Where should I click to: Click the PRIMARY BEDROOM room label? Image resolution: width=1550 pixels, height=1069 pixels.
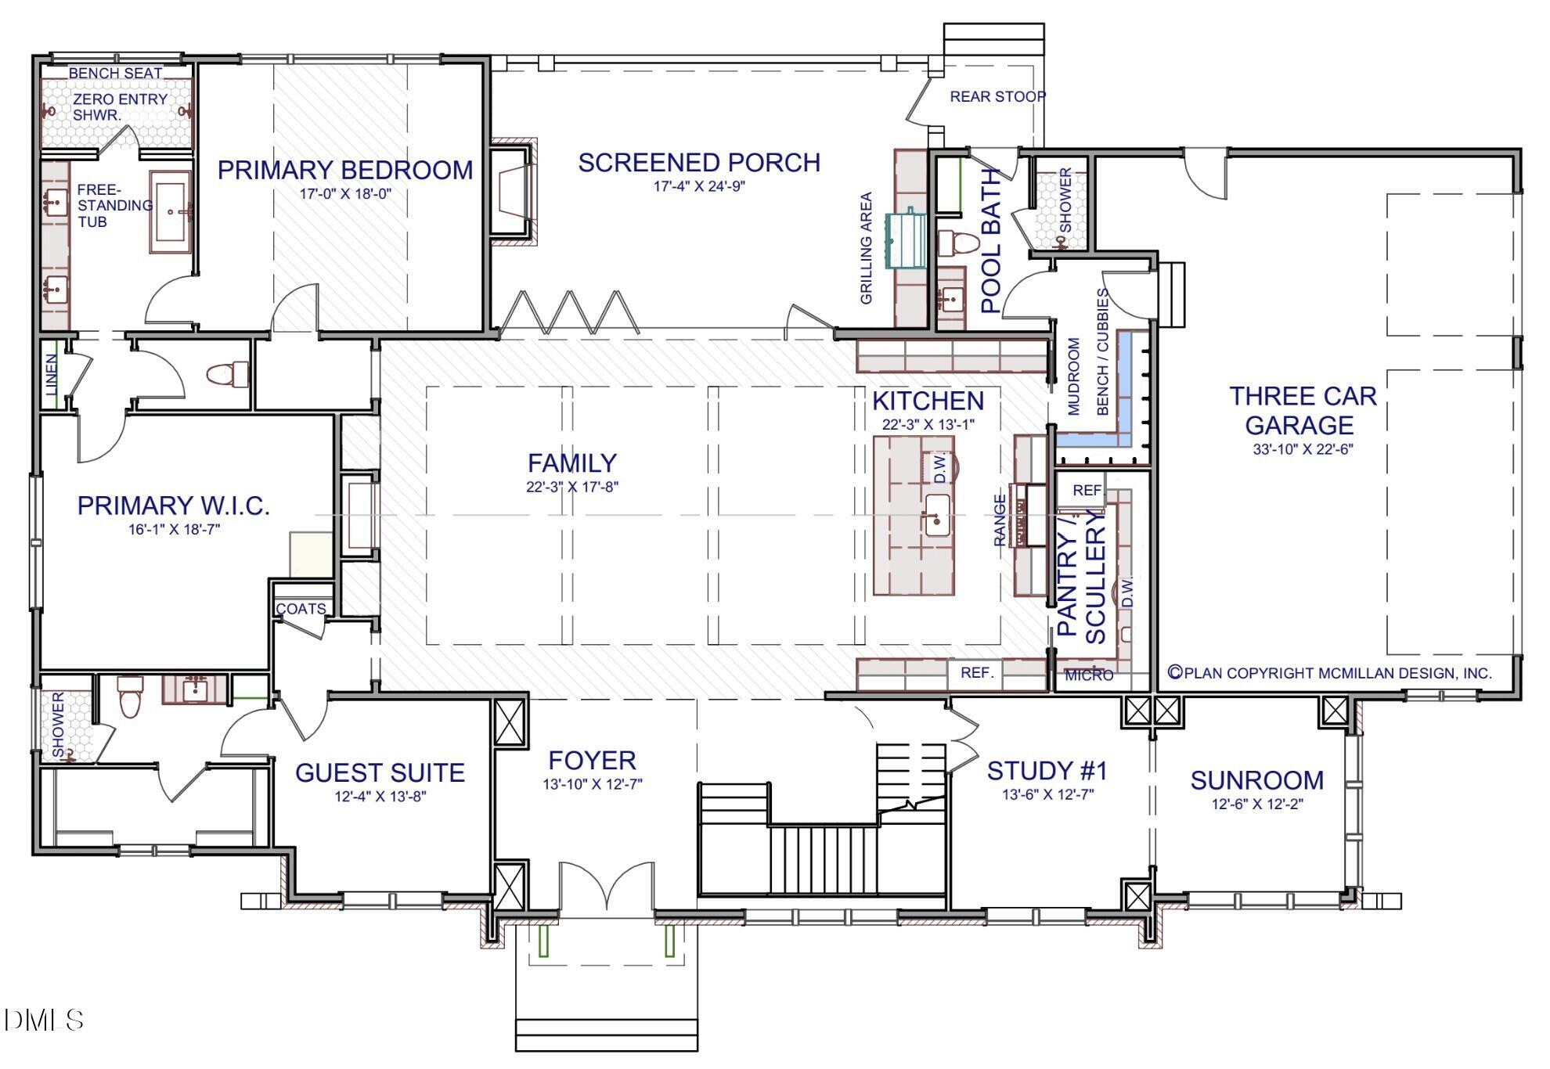point(345,170)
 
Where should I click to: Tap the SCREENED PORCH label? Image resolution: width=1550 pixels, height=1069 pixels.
point(699,163)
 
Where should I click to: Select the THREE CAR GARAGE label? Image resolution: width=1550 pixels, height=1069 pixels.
point(1302,410)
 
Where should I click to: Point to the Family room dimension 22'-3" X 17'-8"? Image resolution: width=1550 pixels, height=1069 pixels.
point(572,487)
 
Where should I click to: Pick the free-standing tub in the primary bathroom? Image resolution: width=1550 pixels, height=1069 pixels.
point(170,211)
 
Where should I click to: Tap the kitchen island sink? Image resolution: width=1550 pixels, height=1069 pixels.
point(937,515)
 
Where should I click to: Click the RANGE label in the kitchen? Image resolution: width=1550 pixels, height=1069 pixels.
point(1000,520)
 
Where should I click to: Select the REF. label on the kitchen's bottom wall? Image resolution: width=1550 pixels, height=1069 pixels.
point(977,672)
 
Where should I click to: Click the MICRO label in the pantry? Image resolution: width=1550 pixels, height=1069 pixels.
point(1089,675)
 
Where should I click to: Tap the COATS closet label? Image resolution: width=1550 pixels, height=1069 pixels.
point(301,609)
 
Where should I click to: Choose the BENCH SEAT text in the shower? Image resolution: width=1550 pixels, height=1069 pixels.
point(115,73)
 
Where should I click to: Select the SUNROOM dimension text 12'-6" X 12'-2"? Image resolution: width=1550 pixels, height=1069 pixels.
point(1257,804)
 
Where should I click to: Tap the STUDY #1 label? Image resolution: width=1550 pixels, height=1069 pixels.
point(1047,771)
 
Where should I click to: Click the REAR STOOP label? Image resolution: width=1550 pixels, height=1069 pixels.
point(998,97)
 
